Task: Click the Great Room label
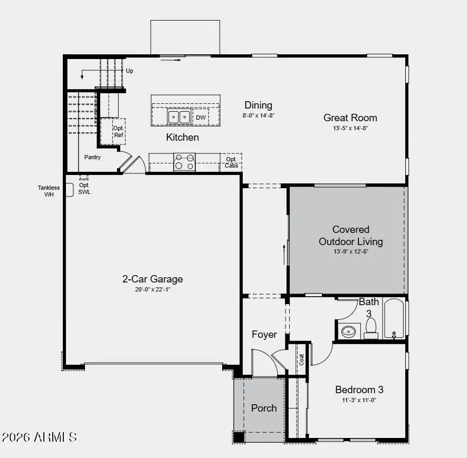click(350, 118)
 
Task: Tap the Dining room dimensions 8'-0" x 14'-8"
click(259, 115)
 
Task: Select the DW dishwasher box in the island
click(201, 118)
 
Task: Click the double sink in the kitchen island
click(179, 117)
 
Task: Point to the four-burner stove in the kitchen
click(184, 162)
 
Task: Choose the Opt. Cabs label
click(231, 162)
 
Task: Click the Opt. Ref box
click(118, 131)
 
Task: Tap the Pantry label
click(92, 157)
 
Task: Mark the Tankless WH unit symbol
click(69, 190)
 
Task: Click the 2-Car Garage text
click(153, 279)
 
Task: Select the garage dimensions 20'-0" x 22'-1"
click(153, 289)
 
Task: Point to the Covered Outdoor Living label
click(351, 236)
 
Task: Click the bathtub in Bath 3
click(394, 319)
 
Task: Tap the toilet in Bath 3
click(371, 328)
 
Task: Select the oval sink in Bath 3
click(349, 332)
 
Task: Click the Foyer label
click(264, 335)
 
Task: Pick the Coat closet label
click(302, 359)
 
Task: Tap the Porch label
click(263, 408)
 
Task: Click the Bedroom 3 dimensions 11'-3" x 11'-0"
click(359, 400)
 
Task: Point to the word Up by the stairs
click(129, 71)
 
